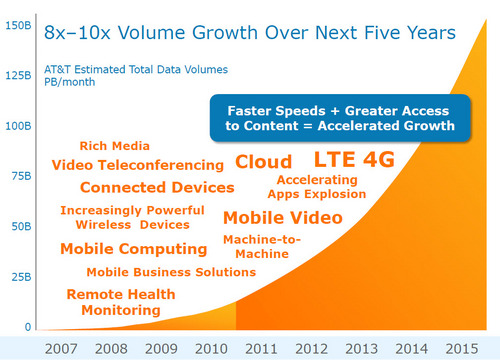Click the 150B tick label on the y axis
coord(18,26)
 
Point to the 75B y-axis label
coord(21,176)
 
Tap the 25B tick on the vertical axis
coord(21,277)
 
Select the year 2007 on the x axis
coord(61,349)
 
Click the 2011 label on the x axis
coord(261,349)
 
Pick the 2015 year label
coord(462,349)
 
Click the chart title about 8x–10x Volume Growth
coord(250,33)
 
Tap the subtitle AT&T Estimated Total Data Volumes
coord(136,69)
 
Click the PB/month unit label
coord(70,82)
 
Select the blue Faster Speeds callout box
coord(340,118)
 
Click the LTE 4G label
coord(354,159)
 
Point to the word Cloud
coord(263,162)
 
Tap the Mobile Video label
coord(283,218)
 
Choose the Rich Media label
coord(114,146)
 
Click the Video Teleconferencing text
coord(138,165)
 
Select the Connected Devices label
coord(157,187)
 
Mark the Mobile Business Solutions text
coord(171,272)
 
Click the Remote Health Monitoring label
coord(121,302)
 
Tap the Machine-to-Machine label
coord(262,247)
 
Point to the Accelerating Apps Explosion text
coord(317,187)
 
